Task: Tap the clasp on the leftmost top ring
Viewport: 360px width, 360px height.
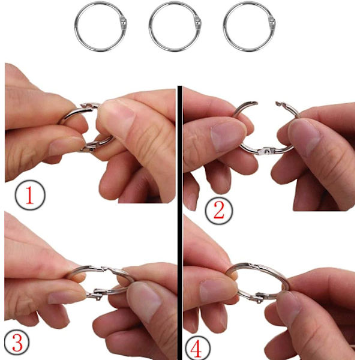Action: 124,23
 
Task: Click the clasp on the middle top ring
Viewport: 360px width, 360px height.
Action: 197,23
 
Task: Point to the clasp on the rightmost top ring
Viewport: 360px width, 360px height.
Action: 272,23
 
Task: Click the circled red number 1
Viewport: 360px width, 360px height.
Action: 30,195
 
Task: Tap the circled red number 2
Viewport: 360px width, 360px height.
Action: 219,211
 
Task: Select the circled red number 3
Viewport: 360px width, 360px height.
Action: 17,343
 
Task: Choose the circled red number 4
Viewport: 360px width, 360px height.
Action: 197,348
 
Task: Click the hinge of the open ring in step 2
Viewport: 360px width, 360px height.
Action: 266,151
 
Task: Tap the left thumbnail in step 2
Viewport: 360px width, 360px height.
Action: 228,136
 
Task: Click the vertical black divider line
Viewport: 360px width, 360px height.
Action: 180,223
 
